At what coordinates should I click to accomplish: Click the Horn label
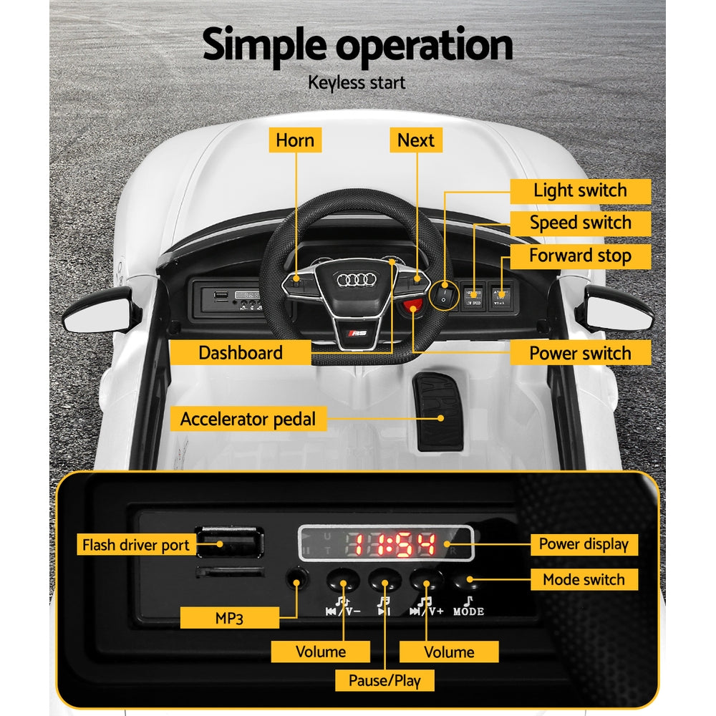tap(295, 140)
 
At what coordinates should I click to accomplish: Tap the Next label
tap(416, 140)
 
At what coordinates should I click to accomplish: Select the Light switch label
tap(580, 190)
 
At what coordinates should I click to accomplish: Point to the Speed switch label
tap(580, 223)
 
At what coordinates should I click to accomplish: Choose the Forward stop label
tap(580, 256)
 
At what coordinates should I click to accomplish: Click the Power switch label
tap(580, 353)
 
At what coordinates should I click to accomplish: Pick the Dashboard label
tap(241, 352)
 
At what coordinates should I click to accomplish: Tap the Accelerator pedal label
tap(248, 419)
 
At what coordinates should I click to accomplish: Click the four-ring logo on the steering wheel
tap(356, 280)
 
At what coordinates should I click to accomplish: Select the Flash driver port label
tap(136, 545)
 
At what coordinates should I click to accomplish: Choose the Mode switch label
tap(584, 580)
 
